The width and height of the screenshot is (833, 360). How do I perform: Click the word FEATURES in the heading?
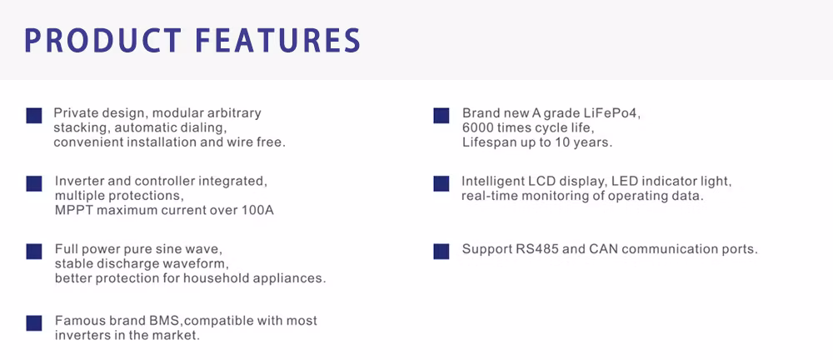(278, 40)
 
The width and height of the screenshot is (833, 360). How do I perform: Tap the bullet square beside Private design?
(34, 115)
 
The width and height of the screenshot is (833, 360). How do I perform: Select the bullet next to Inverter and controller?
(34, 183)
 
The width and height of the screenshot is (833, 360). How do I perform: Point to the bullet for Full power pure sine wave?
(34, 252)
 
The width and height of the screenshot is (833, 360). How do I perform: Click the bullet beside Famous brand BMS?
(34, 322)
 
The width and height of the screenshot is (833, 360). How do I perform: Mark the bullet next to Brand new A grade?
(441, 115)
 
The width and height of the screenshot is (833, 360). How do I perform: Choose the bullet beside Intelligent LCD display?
(441, 183)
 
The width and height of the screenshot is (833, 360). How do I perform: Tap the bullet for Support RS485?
(441, 251)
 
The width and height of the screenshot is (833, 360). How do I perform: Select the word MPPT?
(71, 210)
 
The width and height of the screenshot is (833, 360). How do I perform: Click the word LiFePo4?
(619, 113)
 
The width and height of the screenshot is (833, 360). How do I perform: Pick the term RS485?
(535, 249)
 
